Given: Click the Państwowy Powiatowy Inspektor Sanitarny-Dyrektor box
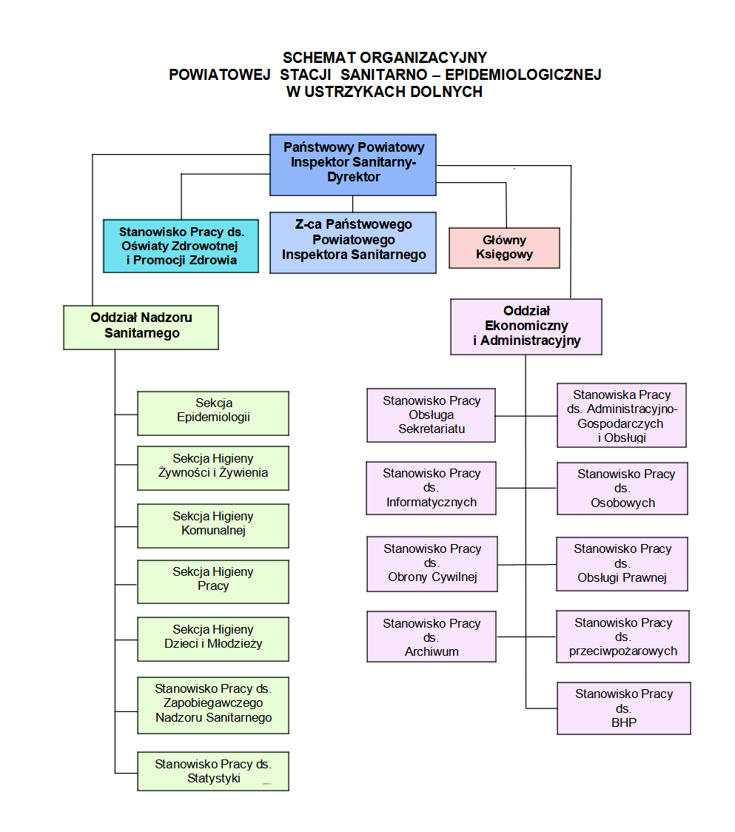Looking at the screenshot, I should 352,164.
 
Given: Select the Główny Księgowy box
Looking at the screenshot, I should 504,247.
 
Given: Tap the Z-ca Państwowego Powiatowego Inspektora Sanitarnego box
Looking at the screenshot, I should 352,243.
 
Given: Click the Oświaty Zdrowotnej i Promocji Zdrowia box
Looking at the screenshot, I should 181,246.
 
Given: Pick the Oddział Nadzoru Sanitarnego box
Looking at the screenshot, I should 141,326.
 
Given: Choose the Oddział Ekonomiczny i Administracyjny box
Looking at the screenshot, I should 526,326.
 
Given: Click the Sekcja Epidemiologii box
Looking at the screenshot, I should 213,413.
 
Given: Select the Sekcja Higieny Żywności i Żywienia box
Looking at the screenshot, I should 213,468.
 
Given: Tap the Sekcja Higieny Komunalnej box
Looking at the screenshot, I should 213,526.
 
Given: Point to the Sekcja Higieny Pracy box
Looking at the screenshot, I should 213,581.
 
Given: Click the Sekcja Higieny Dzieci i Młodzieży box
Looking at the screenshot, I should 213,639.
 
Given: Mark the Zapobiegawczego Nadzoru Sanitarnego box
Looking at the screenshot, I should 213,705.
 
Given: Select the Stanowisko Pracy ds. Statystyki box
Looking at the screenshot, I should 213,771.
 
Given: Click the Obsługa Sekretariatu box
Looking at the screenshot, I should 432,415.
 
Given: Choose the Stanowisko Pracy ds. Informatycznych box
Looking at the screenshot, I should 432,488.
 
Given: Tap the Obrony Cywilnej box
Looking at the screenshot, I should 432,563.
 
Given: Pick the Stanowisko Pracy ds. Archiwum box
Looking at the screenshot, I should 432,637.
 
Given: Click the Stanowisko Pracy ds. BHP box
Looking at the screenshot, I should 623,708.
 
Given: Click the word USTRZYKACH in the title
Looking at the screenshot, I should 375,92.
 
